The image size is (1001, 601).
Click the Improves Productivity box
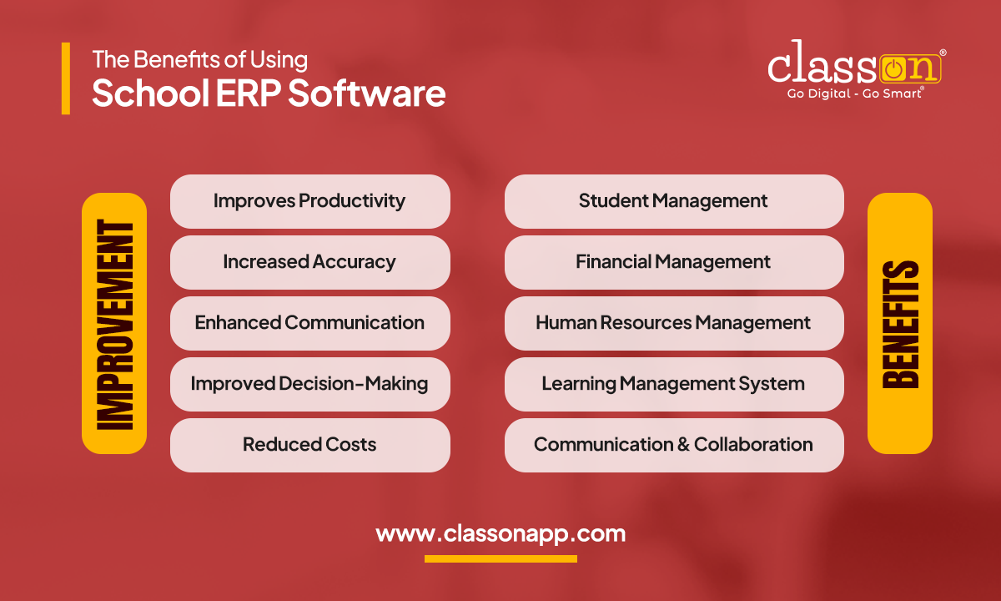[309, 201]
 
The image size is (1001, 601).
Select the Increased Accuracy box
[309, 262]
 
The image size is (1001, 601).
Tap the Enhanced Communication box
[309, 323]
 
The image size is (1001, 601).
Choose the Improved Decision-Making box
[309, 384]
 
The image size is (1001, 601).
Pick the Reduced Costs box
[309, 445]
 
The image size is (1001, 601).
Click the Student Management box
[673, 201]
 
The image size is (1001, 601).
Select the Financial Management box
[673, 262]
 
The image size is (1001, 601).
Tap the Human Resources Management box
[673, 323]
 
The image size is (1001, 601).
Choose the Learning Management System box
[673, 384]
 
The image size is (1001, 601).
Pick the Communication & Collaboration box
[673, 445]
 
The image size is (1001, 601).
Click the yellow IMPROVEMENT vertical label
[114, 323]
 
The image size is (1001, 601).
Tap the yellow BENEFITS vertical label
[900, 323]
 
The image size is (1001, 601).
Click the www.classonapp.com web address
[500, 533]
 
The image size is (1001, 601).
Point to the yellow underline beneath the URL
[500, 558]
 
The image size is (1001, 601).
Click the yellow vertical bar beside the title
[66, 78]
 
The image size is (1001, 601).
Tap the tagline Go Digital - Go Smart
[855, 93]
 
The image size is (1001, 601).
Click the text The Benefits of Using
[199, 59]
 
